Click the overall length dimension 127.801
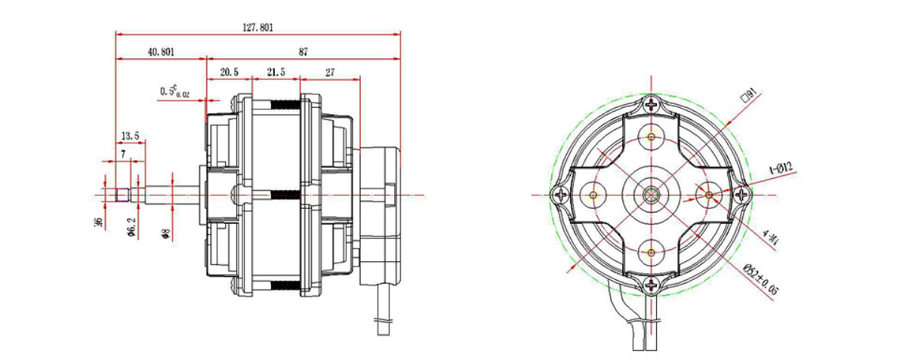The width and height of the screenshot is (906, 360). (257, 27)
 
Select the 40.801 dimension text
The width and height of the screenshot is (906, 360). (160, 52)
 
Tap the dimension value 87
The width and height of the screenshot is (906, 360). (303, 52)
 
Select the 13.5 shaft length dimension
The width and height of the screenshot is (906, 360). (130, 136)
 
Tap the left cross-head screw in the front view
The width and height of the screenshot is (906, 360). (561, 194)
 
